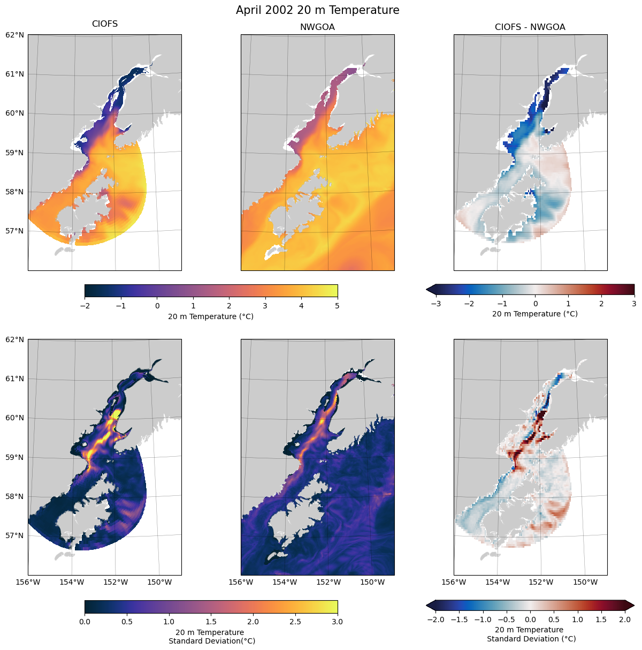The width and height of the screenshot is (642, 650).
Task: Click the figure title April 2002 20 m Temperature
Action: click(317, 10)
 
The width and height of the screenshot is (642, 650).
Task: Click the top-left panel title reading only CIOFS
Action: click(105, 24)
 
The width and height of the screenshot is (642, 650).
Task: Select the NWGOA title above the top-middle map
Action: click(317, 27)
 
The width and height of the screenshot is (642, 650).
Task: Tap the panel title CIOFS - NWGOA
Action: click(530, 27)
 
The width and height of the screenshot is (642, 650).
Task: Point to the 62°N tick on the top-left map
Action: click(15, 35)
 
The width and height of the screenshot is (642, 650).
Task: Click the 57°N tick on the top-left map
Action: click(15, 231)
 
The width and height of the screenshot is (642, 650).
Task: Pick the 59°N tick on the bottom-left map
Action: click(15, 457)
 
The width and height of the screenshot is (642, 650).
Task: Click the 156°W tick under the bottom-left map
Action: click(28, 582)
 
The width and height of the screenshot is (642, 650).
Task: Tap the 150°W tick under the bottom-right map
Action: click(586, 582)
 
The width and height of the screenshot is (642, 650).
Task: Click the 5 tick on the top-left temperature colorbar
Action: click(338, 306)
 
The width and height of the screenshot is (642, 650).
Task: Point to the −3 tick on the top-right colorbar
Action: click(435, 304)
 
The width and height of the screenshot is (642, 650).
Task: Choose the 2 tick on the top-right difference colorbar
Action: click(601, 304)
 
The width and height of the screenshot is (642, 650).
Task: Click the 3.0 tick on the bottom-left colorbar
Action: click(338, 622)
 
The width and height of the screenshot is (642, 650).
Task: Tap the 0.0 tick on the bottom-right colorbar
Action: click(530, 619)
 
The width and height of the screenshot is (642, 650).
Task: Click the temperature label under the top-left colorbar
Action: click(211, 316)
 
